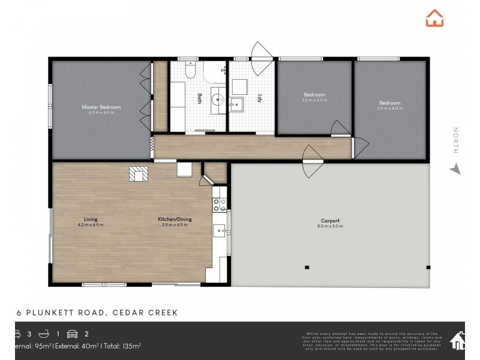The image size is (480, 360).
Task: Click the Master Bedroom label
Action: click(101, 107)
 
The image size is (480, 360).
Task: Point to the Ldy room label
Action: click(260, 98)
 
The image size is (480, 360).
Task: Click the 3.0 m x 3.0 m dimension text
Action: click(314, 100)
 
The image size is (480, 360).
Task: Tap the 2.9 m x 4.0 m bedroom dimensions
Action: click(389, 108)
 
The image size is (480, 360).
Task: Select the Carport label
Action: click(329, 221)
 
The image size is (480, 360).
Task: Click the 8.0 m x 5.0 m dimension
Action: click(329, 227)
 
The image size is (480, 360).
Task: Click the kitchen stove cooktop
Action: click(219, 200)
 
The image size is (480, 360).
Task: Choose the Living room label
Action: click(91, 219)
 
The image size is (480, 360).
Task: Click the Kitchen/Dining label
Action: click(175, 219)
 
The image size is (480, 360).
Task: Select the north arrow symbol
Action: click(455, 169)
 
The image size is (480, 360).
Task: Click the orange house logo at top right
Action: click(435, 18)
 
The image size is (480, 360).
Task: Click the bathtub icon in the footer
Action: click(44, 334)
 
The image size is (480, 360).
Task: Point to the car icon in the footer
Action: click(72, 334)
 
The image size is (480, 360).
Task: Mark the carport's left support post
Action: click(307, 267)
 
